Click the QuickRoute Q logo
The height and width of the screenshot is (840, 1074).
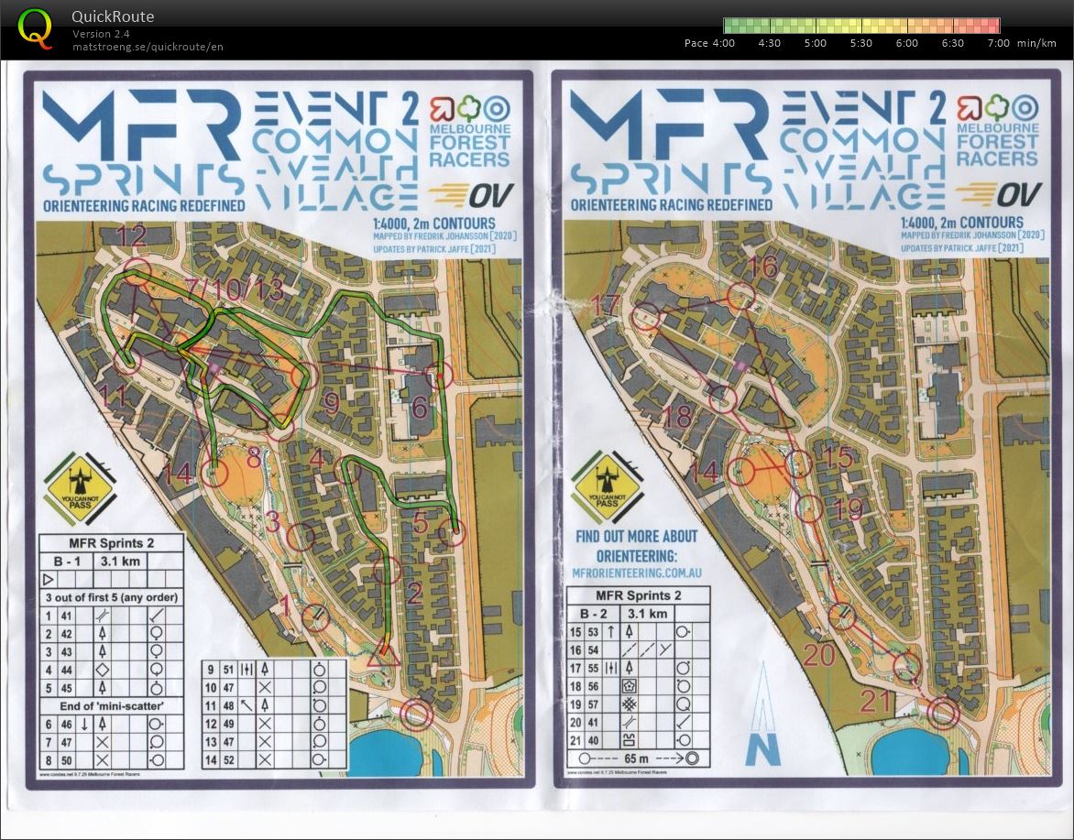(35, 27)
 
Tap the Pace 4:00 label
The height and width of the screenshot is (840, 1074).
(709, 43)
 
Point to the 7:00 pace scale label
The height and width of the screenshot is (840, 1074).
(998, 43)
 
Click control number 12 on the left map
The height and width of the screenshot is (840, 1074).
(133, 237)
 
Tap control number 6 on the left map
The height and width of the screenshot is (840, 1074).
(420, 407)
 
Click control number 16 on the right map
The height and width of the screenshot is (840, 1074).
(762, 267)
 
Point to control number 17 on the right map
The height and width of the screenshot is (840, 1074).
(606, 304)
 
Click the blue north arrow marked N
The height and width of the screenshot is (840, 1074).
(763, 715)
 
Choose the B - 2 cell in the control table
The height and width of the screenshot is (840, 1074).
(597, 614)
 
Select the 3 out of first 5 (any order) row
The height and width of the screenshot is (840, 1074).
(111, 597)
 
